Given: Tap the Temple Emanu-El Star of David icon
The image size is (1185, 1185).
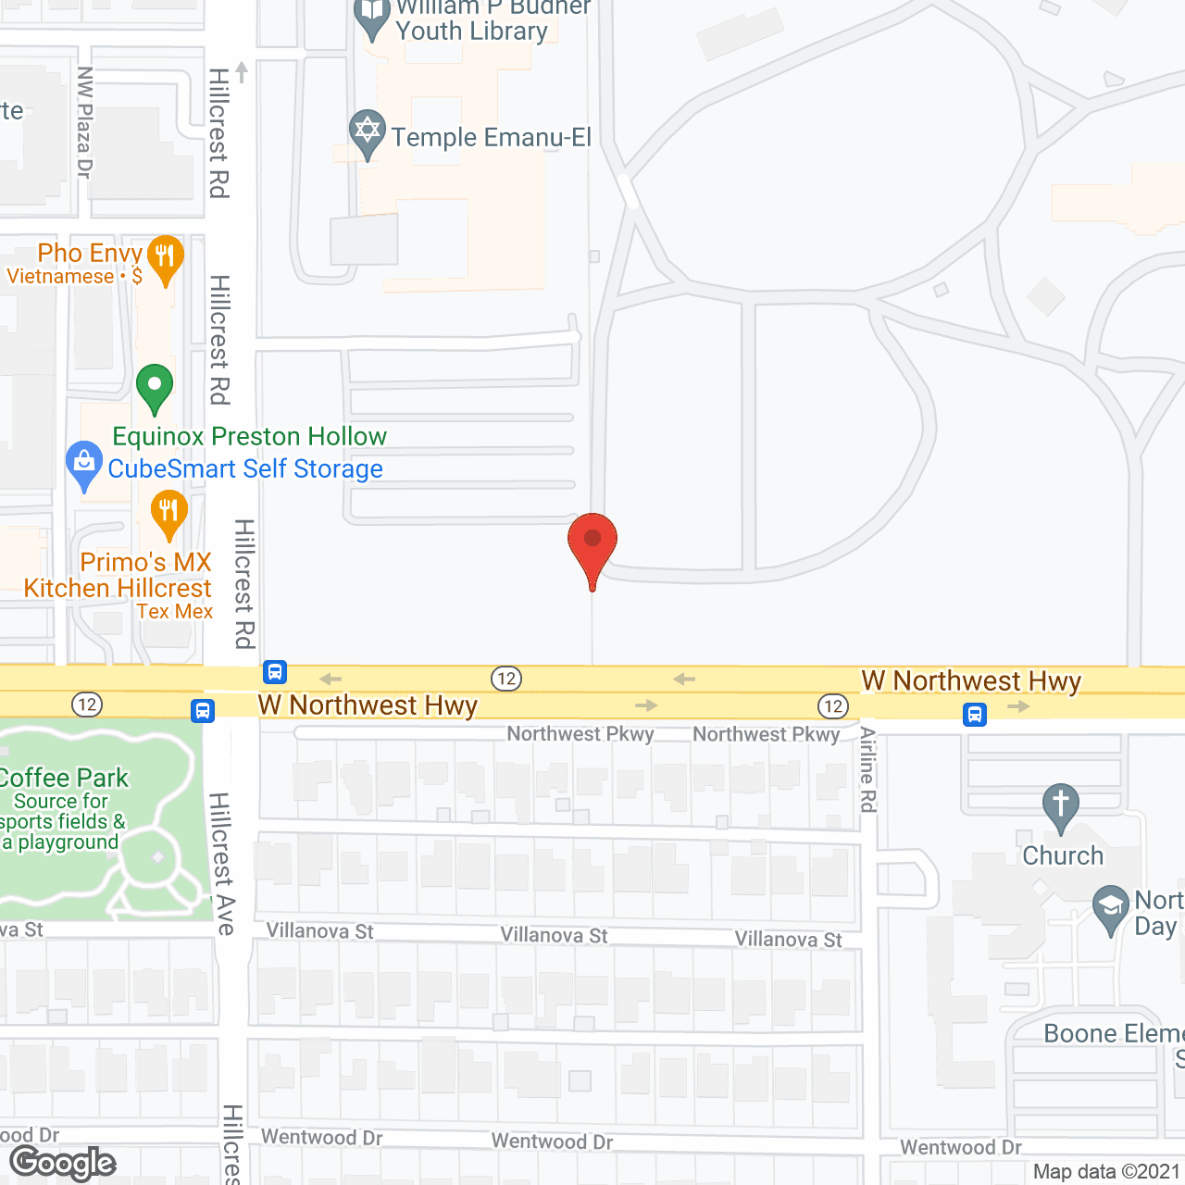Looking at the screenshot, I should [368, 132].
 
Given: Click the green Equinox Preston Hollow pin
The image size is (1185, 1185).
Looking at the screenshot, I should [155, 387].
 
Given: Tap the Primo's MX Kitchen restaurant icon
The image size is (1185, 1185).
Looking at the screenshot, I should [168, 512].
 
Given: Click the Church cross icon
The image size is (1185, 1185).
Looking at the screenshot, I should [1061, 806].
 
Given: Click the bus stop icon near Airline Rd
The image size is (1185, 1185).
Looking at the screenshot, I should [974, 715].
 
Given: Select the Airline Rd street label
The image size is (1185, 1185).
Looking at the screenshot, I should [867, 769].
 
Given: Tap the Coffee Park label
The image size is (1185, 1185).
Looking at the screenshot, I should [64, 778].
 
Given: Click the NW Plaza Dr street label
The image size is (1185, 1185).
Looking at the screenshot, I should [84, 122].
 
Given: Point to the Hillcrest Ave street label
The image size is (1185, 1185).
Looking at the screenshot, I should [222, 863].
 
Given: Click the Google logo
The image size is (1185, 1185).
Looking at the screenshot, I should [63, 1163].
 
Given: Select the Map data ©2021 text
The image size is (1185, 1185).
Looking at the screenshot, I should [1107, 1172].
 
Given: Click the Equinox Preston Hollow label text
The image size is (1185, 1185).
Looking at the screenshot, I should [250, 436].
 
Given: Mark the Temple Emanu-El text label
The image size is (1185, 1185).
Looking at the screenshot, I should [491, 138].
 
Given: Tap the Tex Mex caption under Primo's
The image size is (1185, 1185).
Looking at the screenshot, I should [175, 612].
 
